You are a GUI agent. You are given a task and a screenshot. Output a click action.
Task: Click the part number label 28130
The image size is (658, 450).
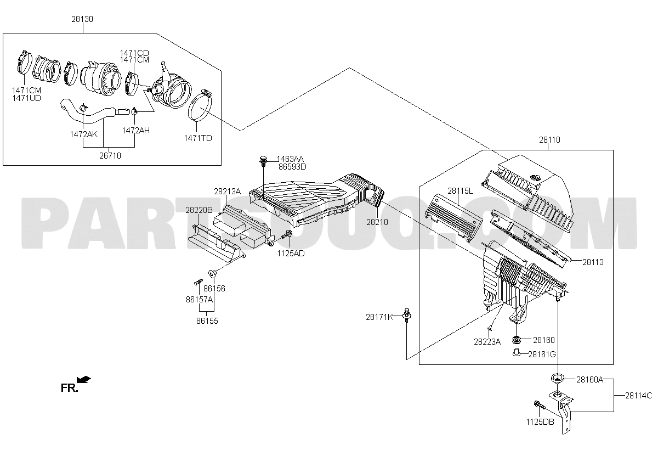click(82, 19)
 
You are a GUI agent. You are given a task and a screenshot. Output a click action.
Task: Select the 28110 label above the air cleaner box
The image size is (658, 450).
click(549, 140)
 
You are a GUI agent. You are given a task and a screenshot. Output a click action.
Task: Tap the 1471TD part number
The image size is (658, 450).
click(198, 138)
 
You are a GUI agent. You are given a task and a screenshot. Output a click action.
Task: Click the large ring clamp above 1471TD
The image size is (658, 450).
click(200, 105)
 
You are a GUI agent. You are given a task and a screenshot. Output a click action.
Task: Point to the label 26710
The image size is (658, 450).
click(110, 156)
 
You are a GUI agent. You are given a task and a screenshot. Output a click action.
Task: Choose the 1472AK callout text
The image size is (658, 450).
click(84, 134)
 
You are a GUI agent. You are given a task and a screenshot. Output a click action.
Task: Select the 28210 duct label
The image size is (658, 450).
click(377, 222)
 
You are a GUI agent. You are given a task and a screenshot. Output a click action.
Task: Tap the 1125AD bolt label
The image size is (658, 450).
click(291, 254)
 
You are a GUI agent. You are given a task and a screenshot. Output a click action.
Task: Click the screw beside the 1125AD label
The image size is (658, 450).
click(286, 235)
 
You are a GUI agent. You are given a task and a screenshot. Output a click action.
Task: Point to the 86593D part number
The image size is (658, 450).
click(292, 167)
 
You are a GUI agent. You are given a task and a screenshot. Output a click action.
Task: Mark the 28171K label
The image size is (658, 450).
click(379, 317)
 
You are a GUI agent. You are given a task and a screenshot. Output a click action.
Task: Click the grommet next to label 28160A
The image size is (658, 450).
click(557, 378)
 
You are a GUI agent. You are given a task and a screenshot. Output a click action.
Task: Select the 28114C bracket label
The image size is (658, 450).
click(639, 396)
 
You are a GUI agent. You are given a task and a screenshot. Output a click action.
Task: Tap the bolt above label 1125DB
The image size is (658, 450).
click(540, 405)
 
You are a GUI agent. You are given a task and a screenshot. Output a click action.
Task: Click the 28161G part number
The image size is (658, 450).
click(542, 355)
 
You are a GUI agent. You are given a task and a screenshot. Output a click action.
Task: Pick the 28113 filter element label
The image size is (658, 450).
click(593, 262)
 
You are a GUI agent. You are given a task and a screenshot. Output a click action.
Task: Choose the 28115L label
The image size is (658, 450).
click(460, 191)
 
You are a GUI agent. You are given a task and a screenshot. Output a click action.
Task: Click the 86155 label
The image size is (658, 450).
click(207, 321)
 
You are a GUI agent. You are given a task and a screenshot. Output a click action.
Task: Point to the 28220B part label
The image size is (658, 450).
click(199, 210)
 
